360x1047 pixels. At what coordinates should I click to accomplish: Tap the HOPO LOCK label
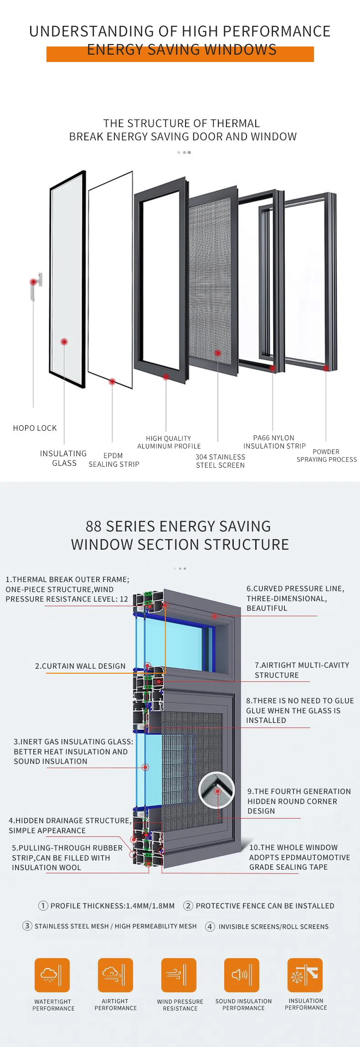pos(35,428)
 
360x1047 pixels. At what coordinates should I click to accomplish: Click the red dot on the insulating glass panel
pos(64,341)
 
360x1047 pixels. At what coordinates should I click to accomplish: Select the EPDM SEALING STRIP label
pos(114,460)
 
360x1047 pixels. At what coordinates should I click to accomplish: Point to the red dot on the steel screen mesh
pos(218,353)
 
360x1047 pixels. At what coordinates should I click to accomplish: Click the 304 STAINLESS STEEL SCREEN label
pos(221,461)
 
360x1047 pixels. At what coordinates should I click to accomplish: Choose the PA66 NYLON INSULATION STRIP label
pos(274,442)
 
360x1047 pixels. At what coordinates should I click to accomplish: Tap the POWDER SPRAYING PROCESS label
pos(327,455)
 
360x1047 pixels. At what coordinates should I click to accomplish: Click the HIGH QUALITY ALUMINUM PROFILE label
pos(169,442)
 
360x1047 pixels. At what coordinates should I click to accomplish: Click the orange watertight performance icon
pos(52,975)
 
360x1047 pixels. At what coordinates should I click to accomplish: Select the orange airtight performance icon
pos(115,975)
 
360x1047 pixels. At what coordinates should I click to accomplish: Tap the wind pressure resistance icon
pos(179,975)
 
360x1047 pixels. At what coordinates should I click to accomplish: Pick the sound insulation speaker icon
pos(242,975)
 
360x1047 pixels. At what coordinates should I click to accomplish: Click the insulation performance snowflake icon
pos(305,975)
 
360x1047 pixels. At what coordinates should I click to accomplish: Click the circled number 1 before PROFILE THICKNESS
pos(43,906)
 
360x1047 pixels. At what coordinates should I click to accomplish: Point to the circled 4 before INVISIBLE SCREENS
pos(210,926)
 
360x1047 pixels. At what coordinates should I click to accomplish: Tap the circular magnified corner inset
pos(216,790)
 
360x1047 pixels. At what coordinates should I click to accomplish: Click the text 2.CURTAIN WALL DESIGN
pos(80,666)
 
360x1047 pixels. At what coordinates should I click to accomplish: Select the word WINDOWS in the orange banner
pos(240,50)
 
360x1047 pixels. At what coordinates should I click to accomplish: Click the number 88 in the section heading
pos(93,526)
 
